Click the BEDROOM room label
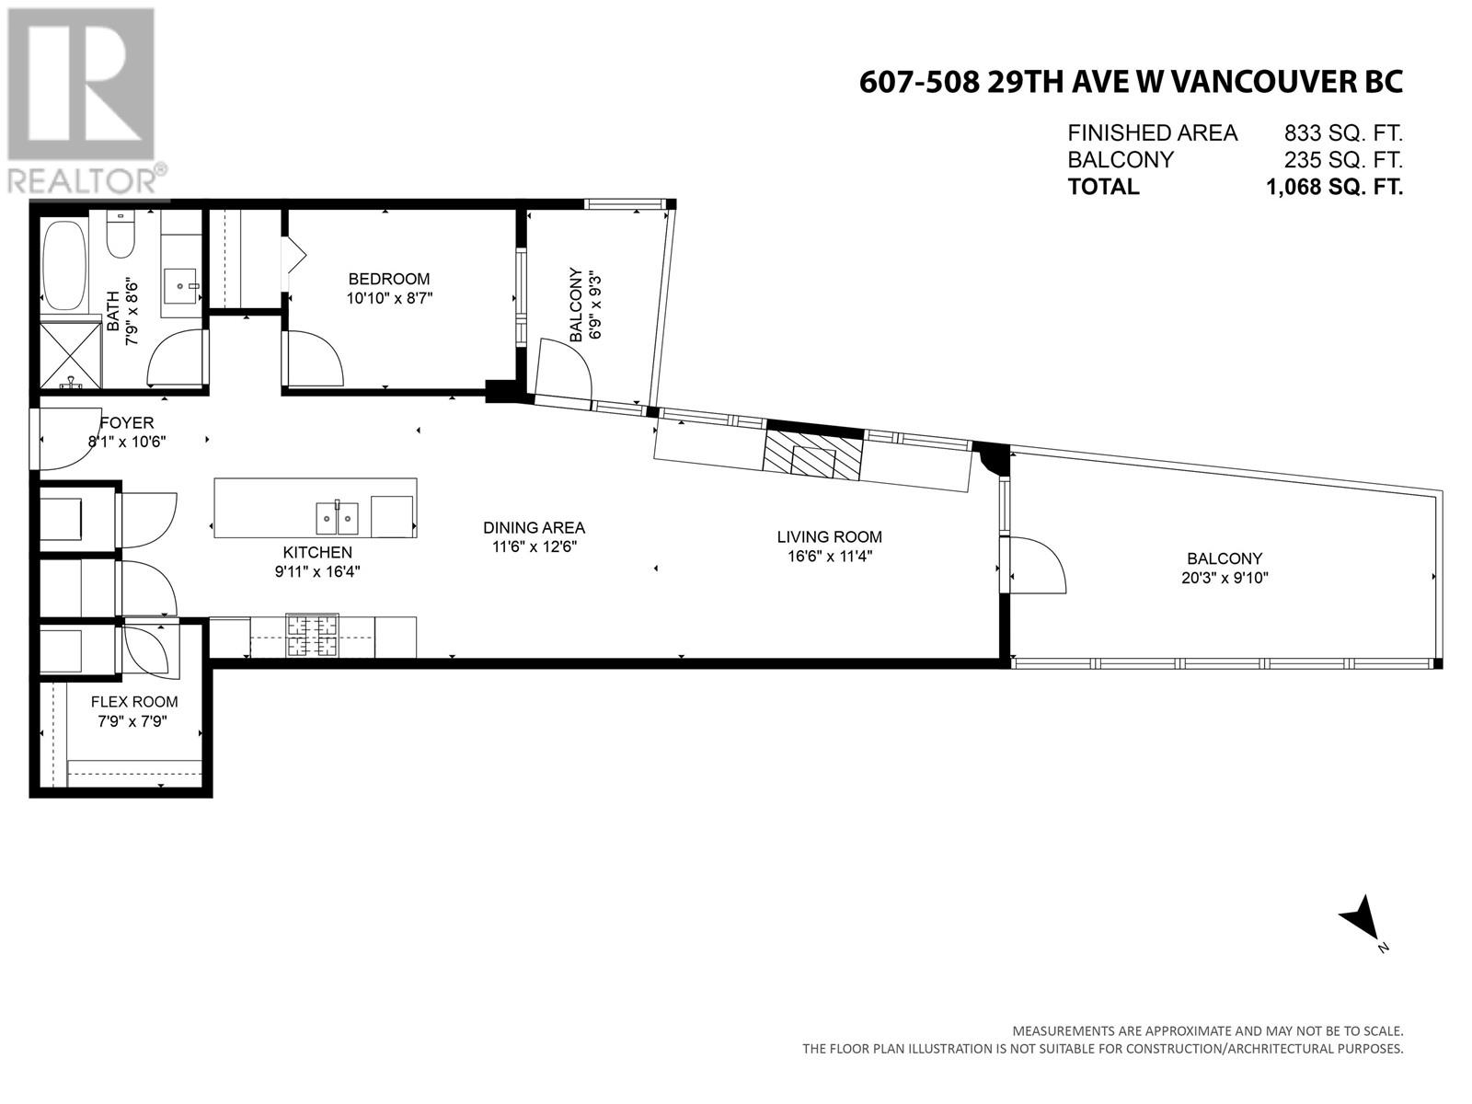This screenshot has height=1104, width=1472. pyautogui.click(x=388, y=279)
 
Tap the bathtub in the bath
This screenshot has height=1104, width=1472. pyautogui.click(x=64, y=265)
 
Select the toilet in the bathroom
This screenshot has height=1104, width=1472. pyautogui.click(x=121, y=236)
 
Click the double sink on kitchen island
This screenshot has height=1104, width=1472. pyautogui.click(x=337, y=518)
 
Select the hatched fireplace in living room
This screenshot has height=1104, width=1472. pyautogui.click(x=812, y=454)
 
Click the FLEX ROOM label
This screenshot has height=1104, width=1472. pyautogui.click(x=134, y=702)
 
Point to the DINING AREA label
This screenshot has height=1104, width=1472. pyautogui.click(x=534, y=527)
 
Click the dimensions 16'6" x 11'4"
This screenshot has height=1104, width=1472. pyautogui.click(x=829, y=556)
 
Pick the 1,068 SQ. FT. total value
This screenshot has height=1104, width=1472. pyautogui.click(x=1334, y=187)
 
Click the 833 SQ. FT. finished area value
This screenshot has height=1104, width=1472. pyautogui.click(x=1343, y=133)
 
